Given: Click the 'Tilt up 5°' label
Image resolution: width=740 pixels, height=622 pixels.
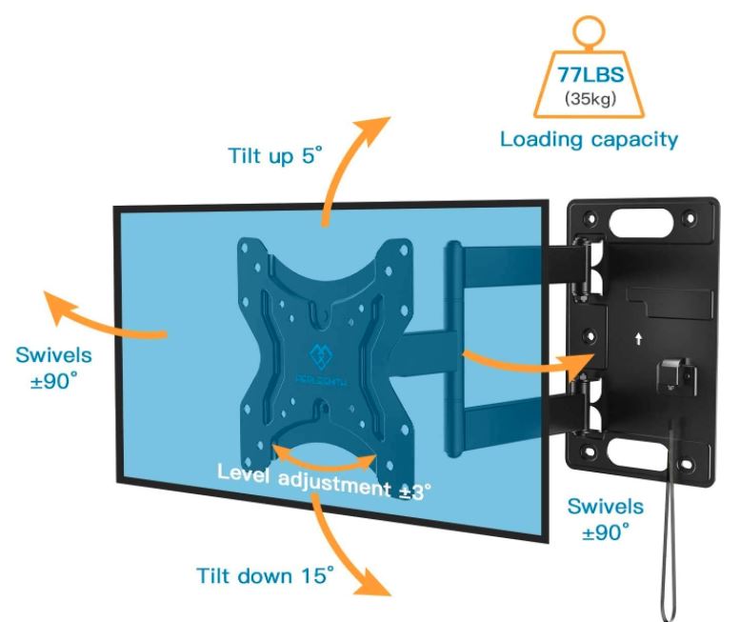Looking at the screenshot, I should [x=268, y=153].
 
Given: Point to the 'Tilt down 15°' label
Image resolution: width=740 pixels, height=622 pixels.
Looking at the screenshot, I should [x=266, y=576].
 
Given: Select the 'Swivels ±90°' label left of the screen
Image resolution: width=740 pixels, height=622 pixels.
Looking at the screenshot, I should [x=53, y=368].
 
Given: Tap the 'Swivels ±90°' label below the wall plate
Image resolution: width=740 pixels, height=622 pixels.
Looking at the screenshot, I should [x=605, y=519].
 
